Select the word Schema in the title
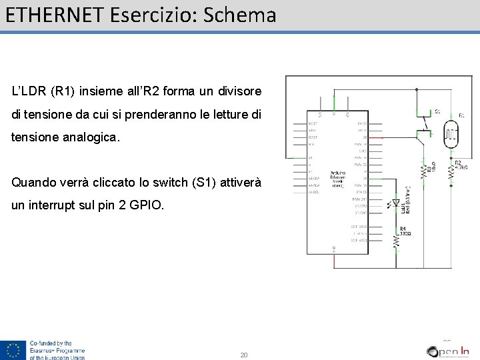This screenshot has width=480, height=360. pyautogui.click(x=239, y=15)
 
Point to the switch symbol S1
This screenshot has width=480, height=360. pyautogui.click(x=422, y=127)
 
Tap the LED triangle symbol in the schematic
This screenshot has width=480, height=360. pyautogui.click(x=396, y=203)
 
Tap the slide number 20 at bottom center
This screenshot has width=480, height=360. pyautogui.click(x=243, y=355)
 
